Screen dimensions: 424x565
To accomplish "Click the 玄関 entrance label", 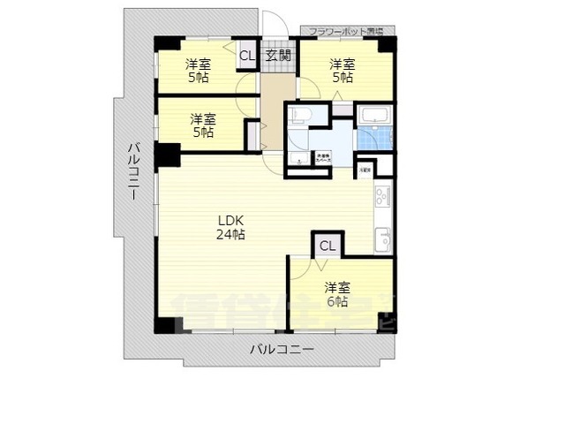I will [278, 56].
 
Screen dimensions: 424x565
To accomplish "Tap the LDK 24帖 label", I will [232, 227].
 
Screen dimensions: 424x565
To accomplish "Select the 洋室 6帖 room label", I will [335, 294].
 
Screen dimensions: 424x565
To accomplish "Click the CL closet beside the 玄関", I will [247, 56].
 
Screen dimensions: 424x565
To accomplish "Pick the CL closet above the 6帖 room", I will [327, 246].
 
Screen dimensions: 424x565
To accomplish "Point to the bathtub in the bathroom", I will [374, 116].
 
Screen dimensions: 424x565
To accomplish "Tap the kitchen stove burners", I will [381, 196].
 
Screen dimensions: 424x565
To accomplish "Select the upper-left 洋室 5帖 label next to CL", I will [199, 72].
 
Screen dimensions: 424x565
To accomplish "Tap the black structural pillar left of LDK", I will [167, 155].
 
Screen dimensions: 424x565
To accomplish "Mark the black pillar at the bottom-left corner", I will [166, 323].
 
